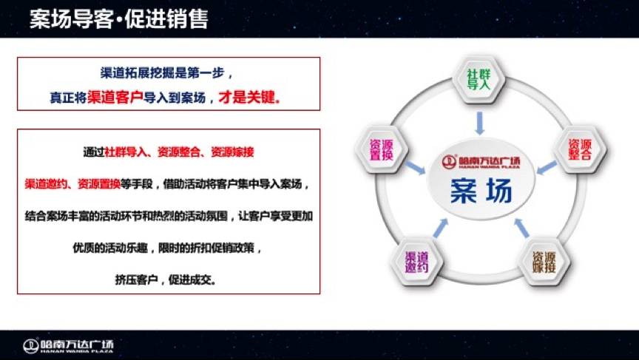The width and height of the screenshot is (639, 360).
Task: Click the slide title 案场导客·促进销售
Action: coord(118,19)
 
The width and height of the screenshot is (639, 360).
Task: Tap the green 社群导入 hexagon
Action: coord(479,80)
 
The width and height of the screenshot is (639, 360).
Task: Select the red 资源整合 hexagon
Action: coord(580,149)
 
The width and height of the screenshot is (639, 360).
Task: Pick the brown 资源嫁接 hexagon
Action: coord(544,262)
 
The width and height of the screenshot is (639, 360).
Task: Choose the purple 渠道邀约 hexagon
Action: coord(416,262)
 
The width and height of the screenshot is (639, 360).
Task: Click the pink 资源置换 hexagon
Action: coord(382,149)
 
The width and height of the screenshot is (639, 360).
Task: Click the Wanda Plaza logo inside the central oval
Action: coord(481,162)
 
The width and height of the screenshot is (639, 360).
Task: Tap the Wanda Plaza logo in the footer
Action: coord(69,346)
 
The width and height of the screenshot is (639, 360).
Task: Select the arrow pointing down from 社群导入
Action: coord(480,123)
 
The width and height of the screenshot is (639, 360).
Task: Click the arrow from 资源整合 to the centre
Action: coord(547,167)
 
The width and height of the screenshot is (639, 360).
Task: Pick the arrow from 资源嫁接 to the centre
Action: coord(521,228)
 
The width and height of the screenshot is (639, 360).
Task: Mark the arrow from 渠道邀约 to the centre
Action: coord(440,228)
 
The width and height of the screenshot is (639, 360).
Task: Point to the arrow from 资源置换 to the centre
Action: coord(415,167)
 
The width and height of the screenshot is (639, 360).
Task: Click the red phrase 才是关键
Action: coord(249,98)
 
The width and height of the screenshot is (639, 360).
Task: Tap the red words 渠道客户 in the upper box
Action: coord(115,98)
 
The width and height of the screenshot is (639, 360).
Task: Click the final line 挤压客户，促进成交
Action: coord(165,279)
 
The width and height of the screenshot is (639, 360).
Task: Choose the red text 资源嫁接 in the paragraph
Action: coord(233,152)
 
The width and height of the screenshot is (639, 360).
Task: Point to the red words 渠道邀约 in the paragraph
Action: coord(46,184)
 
